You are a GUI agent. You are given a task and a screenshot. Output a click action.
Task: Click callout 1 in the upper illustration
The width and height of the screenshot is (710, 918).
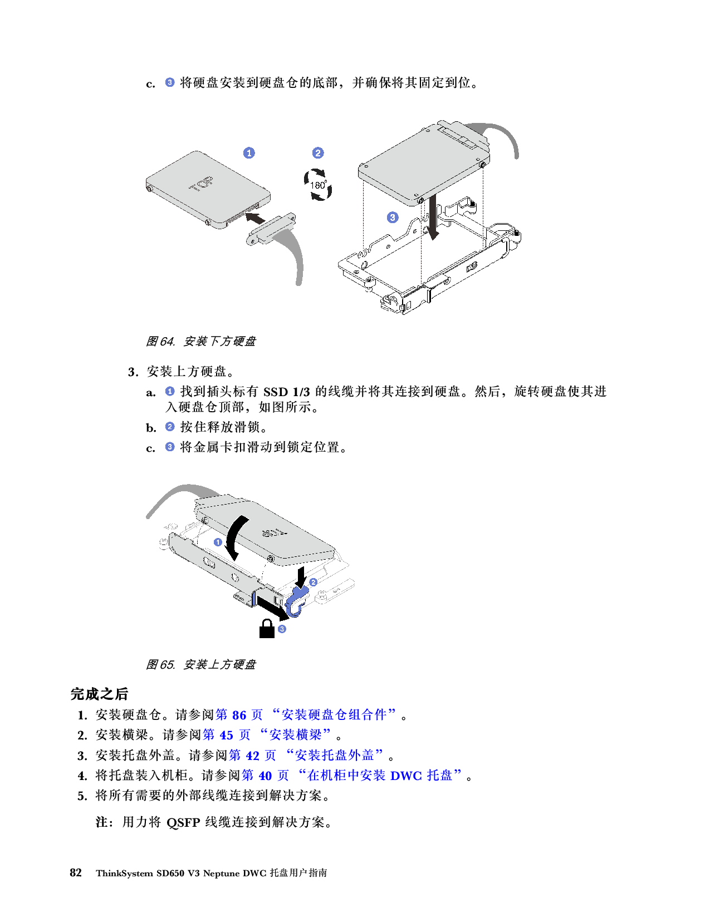tap(249, 153)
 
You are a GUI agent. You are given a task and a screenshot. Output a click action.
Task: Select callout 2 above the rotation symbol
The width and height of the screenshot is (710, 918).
tap(318, 153)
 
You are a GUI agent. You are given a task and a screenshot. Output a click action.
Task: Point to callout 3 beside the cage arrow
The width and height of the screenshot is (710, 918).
tap(393, 218)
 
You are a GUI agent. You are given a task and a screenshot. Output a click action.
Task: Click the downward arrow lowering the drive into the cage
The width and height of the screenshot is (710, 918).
tap(433, 220)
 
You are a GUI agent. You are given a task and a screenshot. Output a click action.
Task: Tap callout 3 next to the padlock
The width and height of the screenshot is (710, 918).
tap(282, 629)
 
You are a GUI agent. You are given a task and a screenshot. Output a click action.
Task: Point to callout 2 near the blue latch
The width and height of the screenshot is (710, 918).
tap(313, 582)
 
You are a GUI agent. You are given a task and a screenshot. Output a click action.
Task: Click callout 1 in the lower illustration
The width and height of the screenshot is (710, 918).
tap(218, 542)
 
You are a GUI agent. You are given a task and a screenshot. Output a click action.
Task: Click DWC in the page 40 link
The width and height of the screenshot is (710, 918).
tap(406, 776)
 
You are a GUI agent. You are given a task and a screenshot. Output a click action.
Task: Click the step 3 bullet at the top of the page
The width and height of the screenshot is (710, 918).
tap(170, 82)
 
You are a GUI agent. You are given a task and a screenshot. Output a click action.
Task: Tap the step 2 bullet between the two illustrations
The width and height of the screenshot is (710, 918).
tap(170, 427)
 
